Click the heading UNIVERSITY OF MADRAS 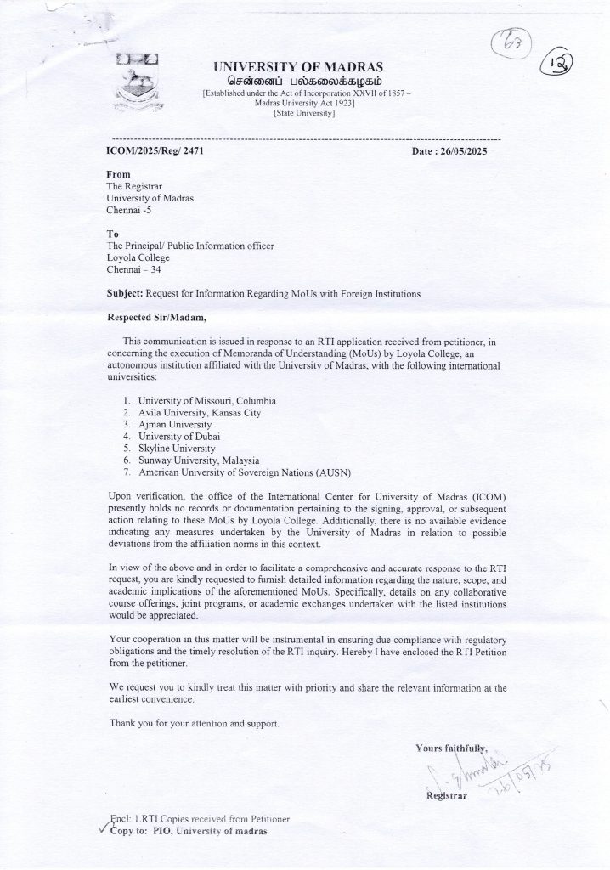pyautogui.click(x=297, y=66)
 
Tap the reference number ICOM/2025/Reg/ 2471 pyautogui.click(x=154, y=150)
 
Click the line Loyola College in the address pyautogui.click(x=138, y=257)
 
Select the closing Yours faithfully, pyautogui.click(x=453, y=748)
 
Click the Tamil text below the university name pyautogui.click(x=297, y=80)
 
